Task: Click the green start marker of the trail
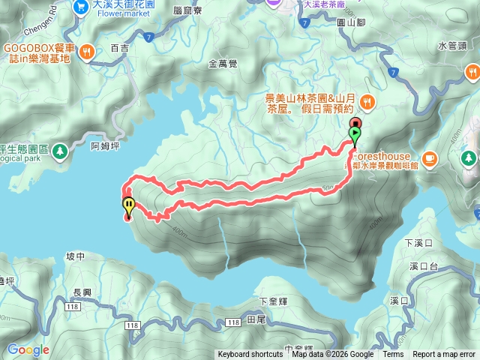tap(355, 136)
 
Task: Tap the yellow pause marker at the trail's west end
tap(128, 204)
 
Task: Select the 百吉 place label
tap(119, 47)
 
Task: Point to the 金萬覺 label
tap(223, 64)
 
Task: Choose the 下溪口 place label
tap(418, 243)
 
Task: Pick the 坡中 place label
tap(75, 256)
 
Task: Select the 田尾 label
tap(256, 319)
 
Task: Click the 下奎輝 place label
tap(273, 301)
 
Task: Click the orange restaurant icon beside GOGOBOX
tap(88, 52)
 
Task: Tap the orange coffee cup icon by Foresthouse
tap(429, 157)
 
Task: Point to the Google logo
tap(28, 349)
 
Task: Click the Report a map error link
tap(444, 355)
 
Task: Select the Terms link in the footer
tap(393, 355)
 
